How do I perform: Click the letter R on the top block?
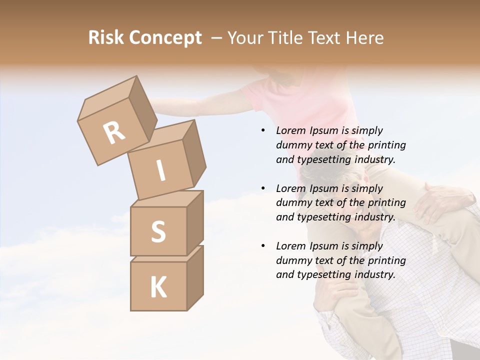(x=114, y=133)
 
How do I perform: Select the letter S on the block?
(x=158, y=231)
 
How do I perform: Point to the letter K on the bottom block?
(x=158, y=287)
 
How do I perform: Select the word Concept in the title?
(x=165, y=38)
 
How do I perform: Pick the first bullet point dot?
(x=262, y=131)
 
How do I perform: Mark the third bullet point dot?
(x=262, y=246)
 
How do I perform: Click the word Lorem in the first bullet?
(x=290, y=131)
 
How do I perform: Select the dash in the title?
(x=217, y=38)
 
